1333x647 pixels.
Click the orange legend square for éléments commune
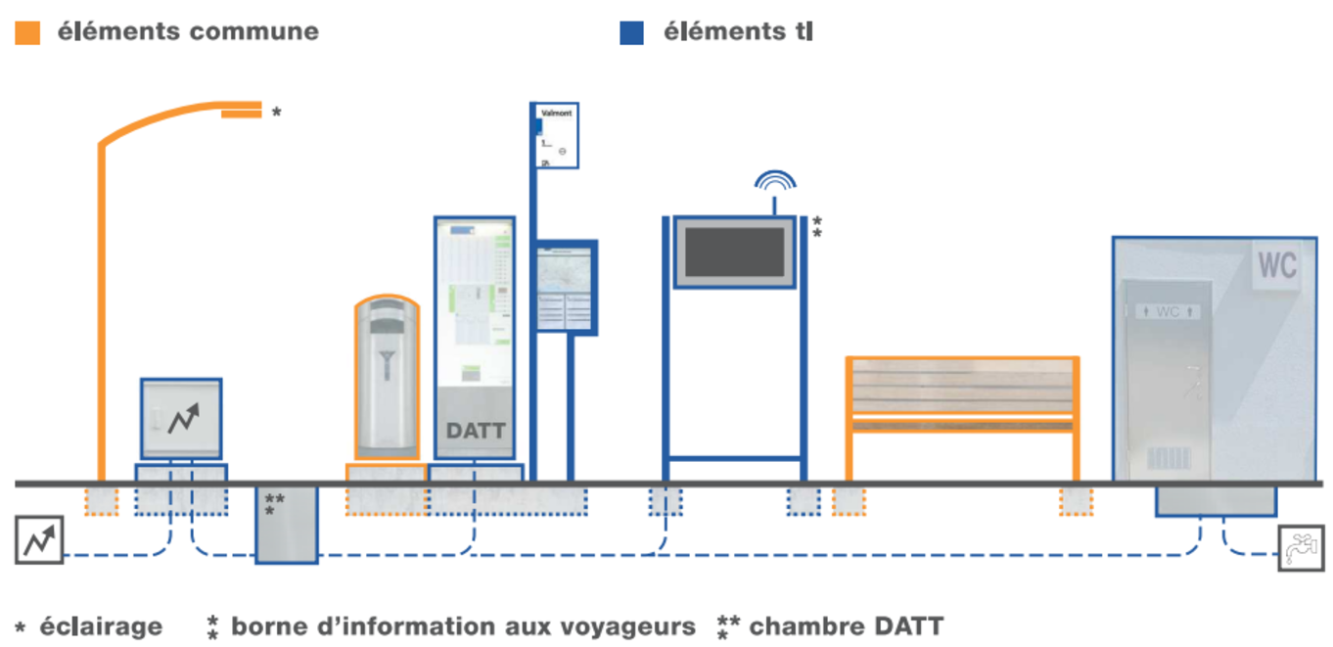[x=27, y=32]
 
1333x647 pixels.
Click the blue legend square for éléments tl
[x=631, y=32]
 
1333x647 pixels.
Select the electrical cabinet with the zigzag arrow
[x=181, y=419]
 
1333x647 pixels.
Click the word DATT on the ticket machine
[x=475, y=431]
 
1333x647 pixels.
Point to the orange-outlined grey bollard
[x=387, y=377]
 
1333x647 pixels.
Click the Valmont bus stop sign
[x=555, y=135]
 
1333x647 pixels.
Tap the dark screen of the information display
[x=735, y=252]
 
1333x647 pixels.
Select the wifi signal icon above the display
[x=774, y=182]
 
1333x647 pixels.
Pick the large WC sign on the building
[x=1276, y=265]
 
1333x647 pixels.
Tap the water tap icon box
[x=1301, y=548]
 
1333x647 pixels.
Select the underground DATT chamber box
[x=287, y=525]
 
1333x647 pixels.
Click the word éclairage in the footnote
[x=101, y=626]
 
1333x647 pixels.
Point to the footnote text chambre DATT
[x=846, y=626]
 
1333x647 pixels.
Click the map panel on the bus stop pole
[x=566, y=287]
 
